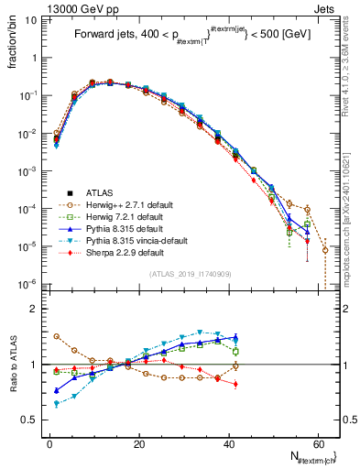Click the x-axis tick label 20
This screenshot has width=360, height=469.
click(138, 443)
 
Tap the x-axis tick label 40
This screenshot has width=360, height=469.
click(227, 443)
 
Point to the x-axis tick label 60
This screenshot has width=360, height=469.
click(317, 443)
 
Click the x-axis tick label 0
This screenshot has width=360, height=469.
click(49, 443)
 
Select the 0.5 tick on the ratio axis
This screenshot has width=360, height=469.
click(33, 420)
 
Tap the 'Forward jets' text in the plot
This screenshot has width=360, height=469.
click(102, 36)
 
